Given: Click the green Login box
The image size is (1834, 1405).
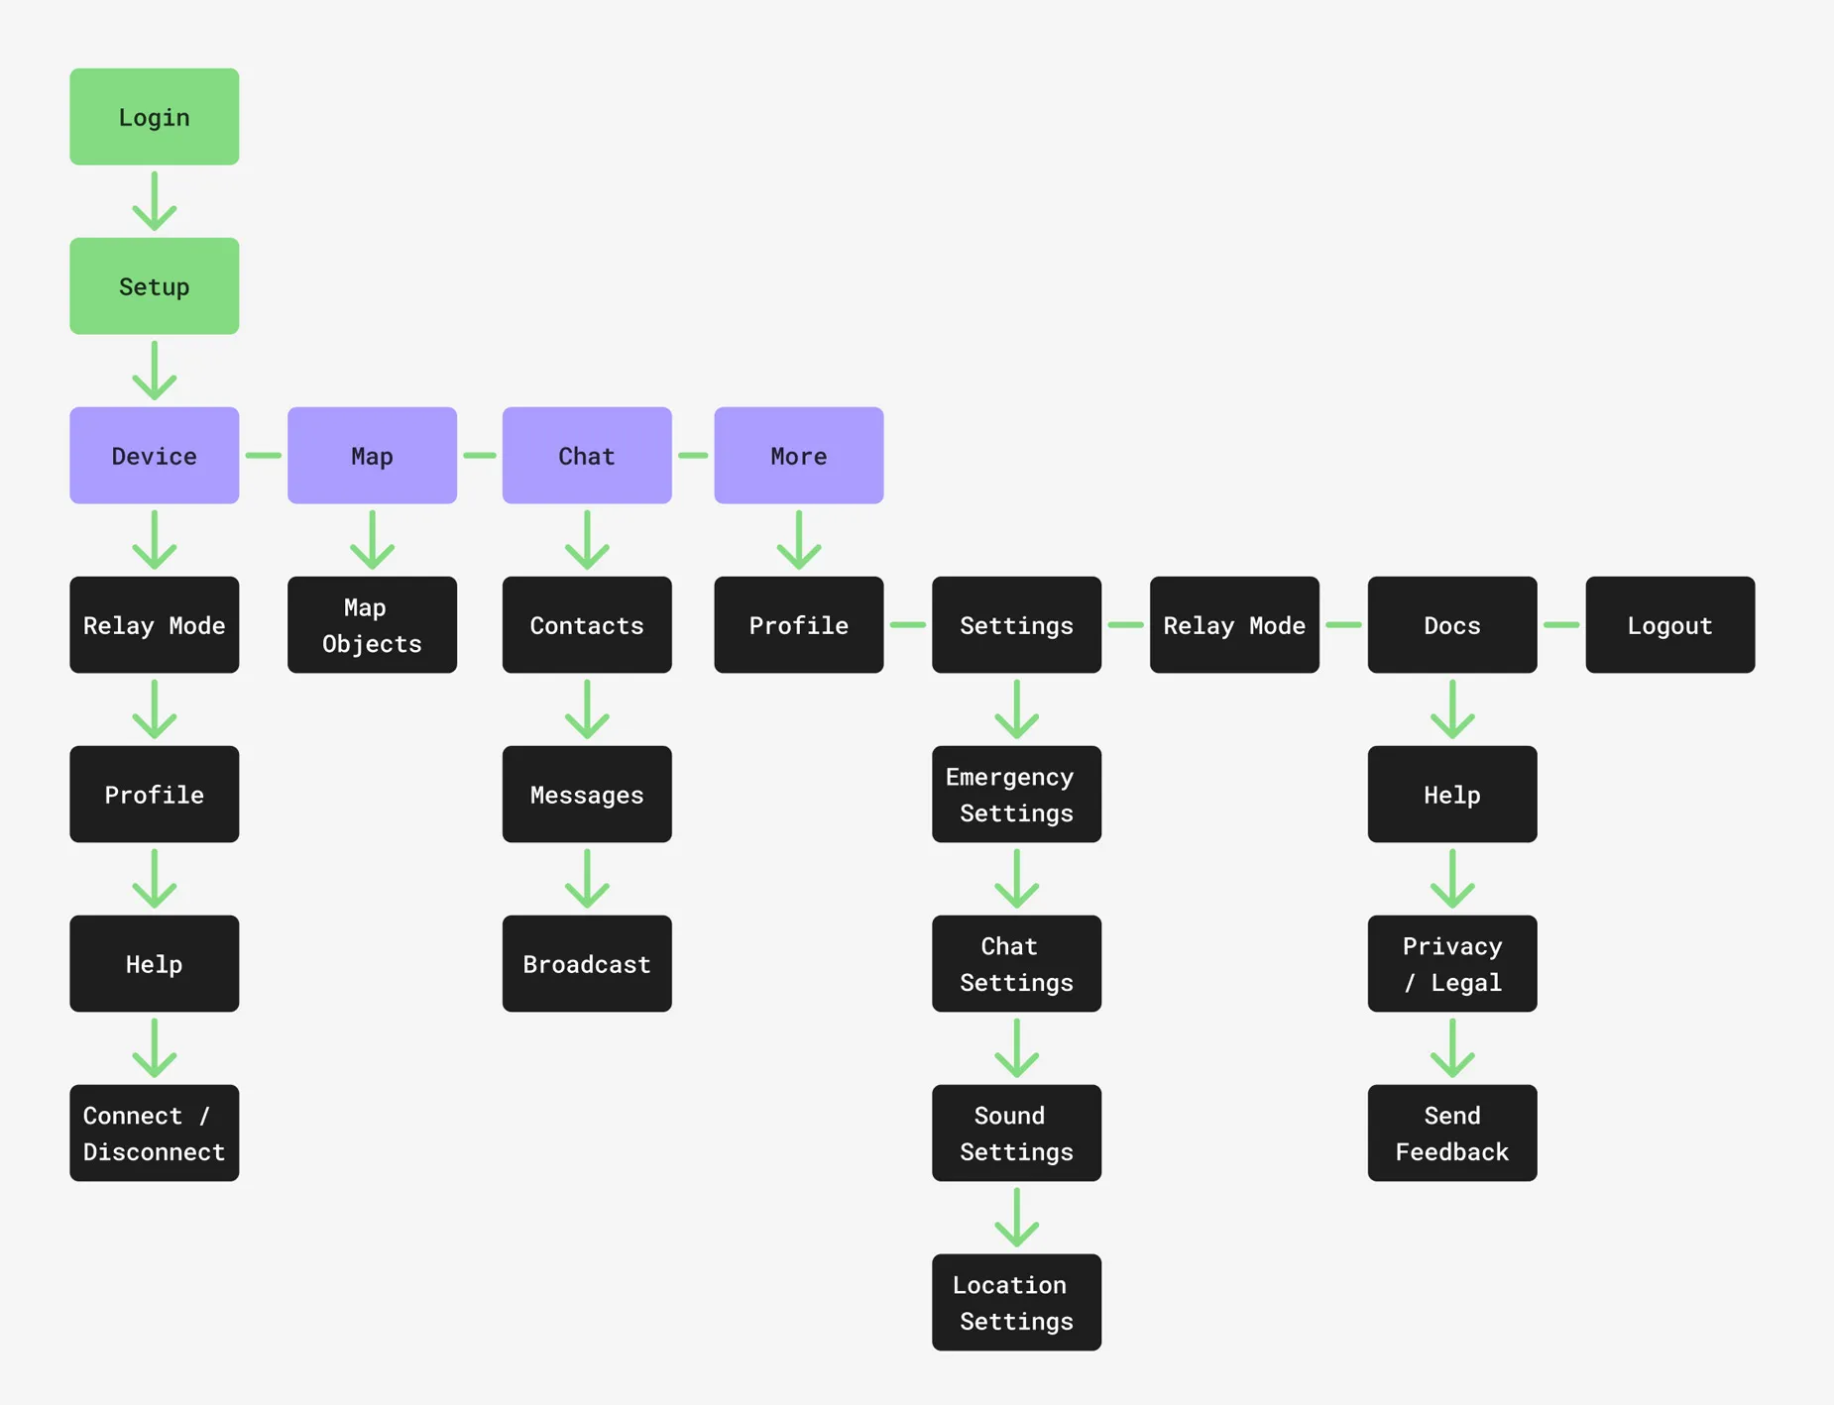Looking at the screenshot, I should pyautogui.click(x=154, y=117).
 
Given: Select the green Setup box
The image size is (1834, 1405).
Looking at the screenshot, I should pyautogui.click(x=154, y=286).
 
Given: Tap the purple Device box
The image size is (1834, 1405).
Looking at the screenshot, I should pyautogui.click(x=154, y=456).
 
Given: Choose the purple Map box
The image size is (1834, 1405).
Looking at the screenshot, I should pyautogui.click(x=372, y=456).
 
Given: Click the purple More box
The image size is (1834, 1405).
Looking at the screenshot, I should pyautogui.click(x=798, y=456).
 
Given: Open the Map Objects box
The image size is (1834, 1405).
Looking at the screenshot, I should pyautogui.click(x=372, y=625).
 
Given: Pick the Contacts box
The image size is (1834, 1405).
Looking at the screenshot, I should pyautogui.click(x=587, y=625).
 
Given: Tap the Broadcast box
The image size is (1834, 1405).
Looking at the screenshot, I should pyautogui.click(x=587, y=964).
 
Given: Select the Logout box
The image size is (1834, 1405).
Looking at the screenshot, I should pyautogui.click(x=1669, y=625).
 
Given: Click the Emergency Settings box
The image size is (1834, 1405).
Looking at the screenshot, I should pyautogui.click(x=1016, y=795).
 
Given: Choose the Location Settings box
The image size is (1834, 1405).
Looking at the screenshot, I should pyautogui.click(x=1016, y=1302).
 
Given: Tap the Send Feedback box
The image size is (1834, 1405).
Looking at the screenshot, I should pyautogui.click(x=1451, y=1133).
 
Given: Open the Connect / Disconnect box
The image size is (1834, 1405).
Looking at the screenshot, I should pyautogui.click(x=154, y=1133).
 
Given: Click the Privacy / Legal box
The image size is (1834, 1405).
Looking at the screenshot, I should pyautogui.click(x=1451, y=964).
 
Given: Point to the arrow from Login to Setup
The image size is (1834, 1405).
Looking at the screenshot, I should pyautogui.click(x=154, y=201).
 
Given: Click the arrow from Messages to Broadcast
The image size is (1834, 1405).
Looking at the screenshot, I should pyautogui.click(x=587, y=879).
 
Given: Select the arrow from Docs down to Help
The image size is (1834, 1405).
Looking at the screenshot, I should pyautogui.click(x=1451, y=709).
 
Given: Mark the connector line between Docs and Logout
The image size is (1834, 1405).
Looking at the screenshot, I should pyautogui.click(x=1561, y=625).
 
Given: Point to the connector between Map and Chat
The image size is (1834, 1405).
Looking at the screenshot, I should pyautogui.click(x=480, y=456).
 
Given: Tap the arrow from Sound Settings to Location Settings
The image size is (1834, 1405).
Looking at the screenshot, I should pyautogui.click(x=1016, y=1218).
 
